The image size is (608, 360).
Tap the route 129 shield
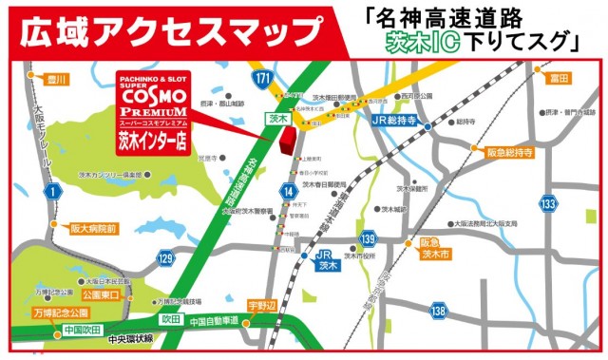(x=166, y=257)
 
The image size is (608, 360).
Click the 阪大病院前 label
(x=93, y=229)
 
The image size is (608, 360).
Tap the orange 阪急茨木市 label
(x=440, y=249)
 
